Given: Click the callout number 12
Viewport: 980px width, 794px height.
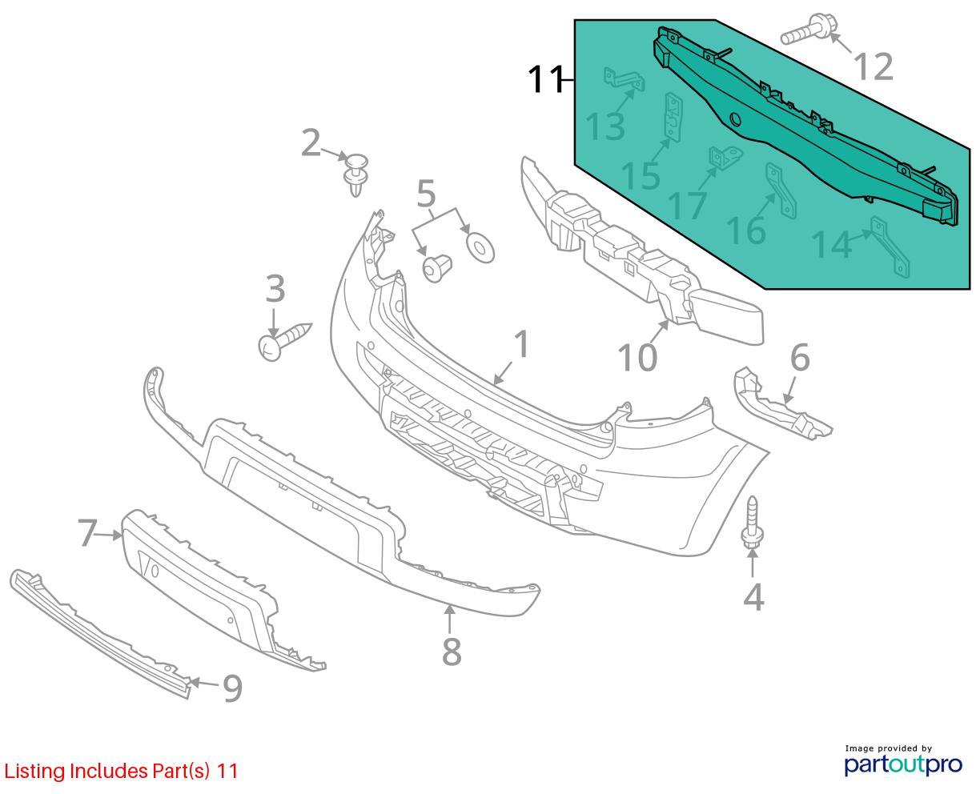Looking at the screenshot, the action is pyautogui.click(x=873, y=67).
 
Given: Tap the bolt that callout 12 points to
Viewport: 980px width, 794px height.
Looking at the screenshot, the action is pyautogui.click(x=809, y=29).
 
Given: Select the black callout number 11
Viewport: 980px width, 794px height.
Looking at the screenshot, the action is pyautogui.click(x=546, y=79).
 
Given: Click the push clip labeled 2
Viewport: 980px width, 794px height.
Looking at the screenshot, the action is pyautogui.click(x=356, y=174).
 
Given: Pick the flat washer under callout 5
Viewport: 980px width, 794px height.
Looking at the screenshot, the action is pyautogui.click(x=480, y=248).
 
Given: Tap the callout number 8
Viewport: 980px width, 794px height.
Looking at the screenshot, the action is pyautogui.click(x=452, y=652).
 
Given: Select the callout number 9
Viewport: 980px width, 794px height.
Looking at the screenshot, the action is pyautogui.click(x=232, y=688).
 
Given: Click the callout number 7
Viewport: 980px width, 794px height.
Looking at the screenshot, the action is pyautogui.click(x=87, y=533).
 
